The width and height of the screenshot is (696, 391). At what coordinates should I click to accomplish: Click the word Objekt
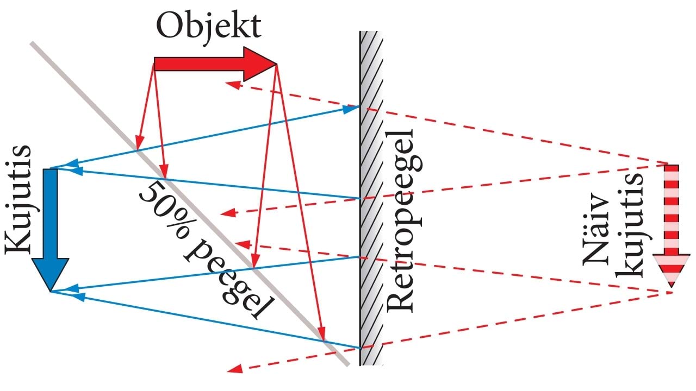point(208,28)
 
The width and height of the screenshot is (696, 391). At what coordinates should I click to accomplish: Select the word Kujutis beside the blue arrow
point(18,200)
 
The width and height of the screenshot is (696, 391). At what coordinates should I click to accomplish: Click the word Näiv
point(595,230)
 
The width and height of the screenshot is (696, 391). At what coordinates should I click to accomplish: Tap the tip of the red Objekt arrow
point(277,65)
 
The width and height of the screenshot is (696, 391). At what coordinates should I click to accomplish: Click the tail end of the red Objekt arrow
point(154,64)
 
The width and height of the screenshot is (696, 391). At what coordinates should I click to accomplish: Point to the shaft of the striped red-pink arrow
point(672,210)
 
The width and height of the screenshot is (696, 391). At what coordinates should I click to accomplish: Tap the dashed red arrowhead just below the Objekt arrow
point(233,84)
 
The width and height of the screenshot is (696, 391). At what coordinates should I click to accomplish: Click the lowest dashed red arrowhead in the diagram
point(235,368)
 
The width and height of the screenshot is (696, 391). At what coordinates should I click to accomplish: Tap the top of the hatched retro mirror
point(371,31)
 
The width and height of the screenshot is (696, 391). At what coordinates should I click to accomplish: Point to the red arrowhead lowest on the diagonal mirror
point(322,334)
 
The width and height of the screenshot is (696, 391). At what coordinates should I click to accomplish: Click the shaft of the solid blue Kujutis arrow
point(51,213)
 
